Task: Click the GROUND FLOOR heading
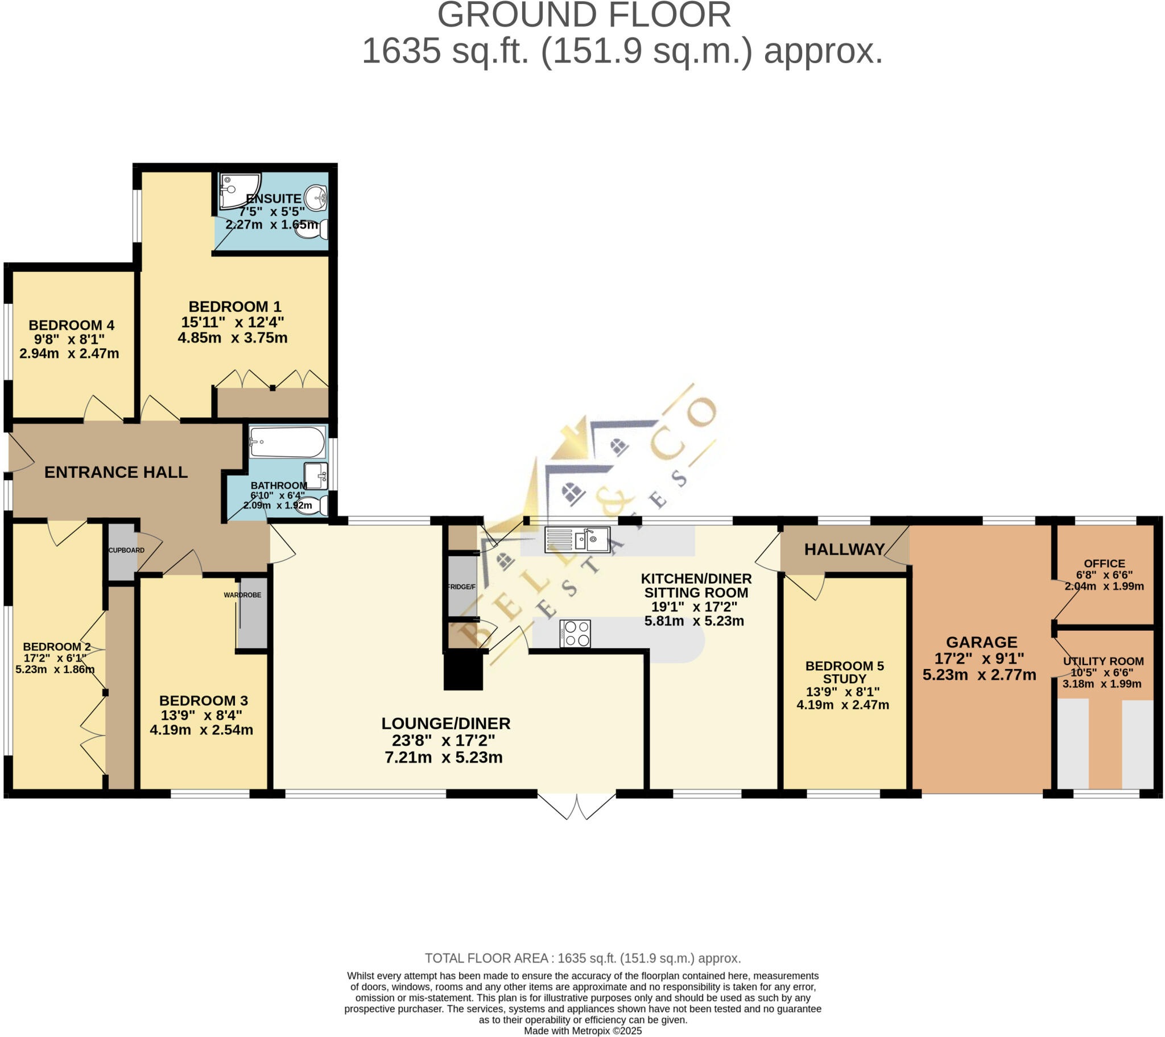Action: point(584,15)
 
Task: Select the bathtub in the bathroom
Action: point(287,443)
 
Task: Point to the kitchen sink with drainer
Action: point(577,539)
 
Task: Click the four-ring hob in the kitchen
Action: point(575,633)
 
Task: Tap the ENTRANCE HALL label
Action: point(115,472)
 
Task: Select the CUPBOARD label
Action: point(126,550)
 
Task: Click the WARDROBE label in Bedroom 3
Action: point(242,594)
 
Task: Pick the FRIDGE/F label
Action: point(461,586)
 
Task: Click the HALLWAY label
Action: point(844,549)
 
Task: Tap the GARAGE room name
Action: point(981,642)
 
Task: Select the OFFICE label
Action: point(1104,563)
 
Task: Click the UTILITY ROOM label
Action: point(1103,661)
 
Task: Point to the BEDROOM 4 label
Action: point(71,325)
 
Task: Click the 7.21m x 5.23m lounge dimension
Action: point(444,757)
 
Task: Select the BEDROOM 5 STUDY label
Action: point(844,672)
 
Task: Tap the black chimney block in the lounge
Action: point(463,671)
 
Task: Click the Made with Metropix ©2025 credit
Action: point(582,1031)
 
